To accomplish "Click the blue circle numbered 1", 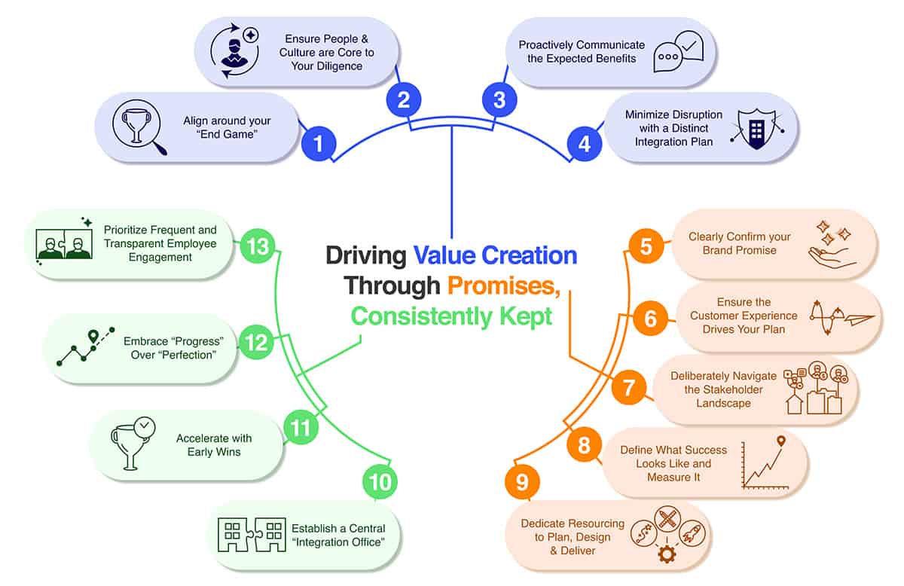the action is click(319, 144).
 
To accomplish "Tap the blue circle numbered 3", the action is click(499, 99).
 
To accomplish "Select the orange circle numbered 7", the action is click(629, 387).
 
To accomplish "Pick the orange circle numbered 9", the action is click(522, 482).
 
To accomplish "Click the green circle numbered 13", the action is click(258, 246).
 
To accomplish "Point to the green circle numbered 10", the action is click(380, 481).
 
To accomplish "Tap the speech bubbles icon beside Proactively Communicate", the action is click(679, 52).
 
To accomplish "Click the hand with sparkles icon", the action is click(832, 245).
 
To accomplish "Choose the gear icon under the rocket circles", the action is click(667, 554).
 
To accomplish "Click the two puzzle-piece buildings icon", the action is click(252, 535).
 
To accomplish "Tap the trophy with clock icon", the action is click(133, 444).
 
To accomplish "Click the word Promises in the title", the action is click(504, 286).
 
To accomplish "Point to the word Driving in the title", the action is click(366, 256).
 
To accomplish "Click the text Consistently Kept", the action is click(451, 316).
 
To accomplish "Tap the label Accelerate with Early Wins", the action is click(214, 444).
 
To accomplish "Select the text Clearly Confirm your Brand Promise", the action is click(739, 243).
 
